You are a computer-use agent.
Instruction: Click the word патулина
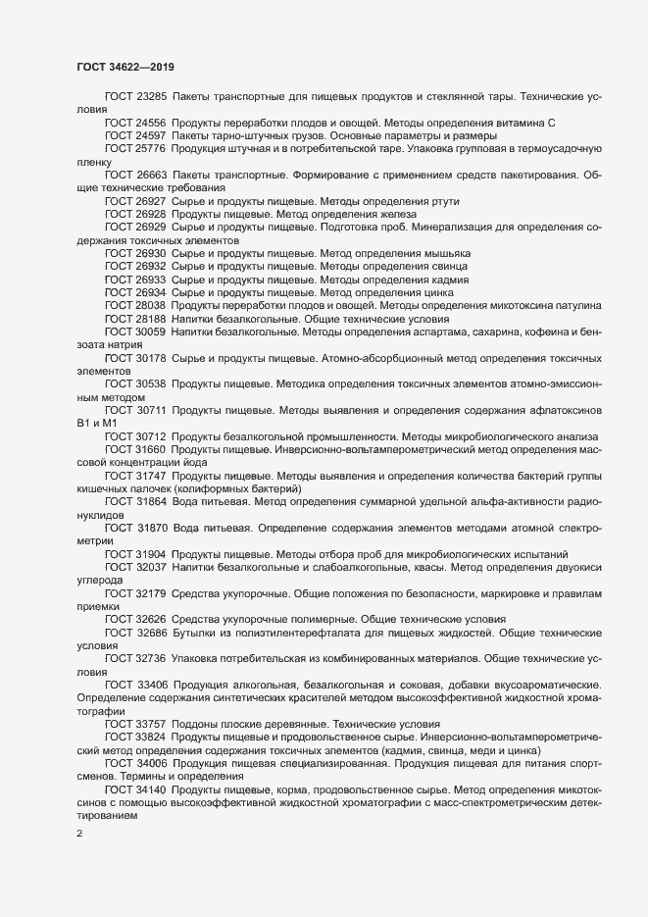pyautogui.click(x=566, y=305)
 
